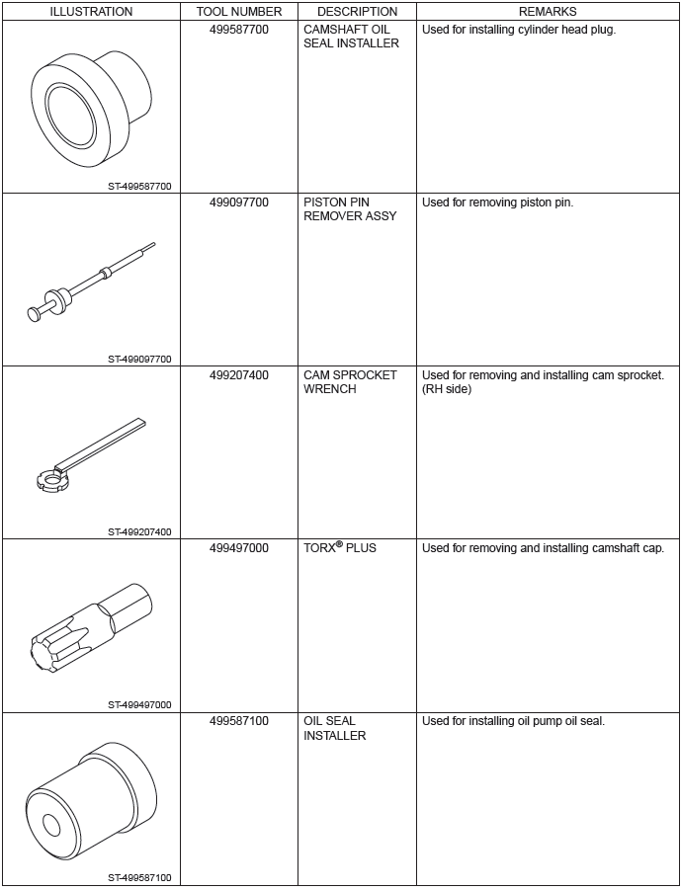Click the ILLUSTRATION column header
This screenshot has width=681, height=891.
click(x=91, y=12)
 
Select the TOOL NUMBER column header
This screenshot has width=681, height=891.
click(x=239, y=12)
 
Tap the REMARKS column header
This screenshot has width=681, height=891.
click(x=548, y=12)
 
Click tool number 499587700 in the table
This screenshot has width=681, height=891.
click(x=239, y=30)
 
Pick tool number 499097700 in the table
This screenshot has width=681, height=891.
click(x=239, y=202)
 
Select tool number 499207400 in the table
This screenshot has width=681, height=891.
click(x=239, y=375)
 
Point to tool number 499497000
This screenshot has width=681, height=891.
click(x=239, y=548)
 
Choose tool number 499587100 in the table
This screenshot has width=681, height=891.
click(x=239, y=721)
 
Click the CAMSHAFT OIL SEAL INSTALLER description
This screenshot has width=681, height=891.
click(x=351, y=37)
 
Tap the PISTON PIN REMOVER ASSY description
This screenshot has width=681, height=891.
click(x=350, y=209)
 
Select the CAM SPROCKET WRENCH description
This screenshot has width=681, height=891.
click(x=350, y=382)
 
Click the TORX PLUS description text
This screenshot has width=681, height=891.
click(x=340, y=548)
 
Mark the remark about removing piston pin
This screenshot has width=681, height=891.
click(x=497, y=202)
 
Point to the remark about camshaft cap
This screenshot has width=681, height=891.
click(x=543, y=548)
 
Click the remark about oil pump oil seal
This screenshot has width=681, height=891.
click(x=513, y=721)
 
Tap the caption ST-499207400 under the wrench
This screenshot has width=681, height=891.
click(x=139, y=531)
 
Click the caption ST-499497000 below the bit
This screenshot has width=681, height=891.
click(x=139, y=704)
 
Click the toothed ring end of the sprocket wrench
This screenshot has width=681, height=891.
click(x=48, y=482)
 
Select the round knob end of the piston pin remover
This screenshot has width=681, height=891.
click(x=35, y=313)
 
